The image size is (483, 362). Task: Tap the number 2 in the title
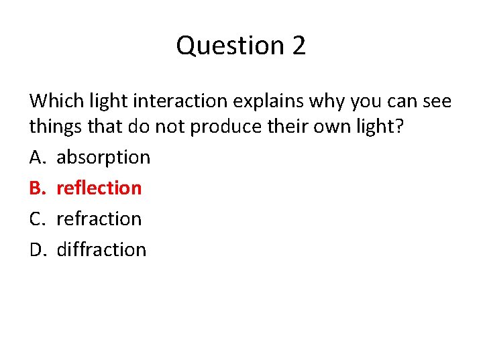(299, 46)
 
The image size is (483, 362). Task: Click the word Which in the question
(52, 101)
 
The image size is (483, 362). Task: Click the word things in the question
(51, 127)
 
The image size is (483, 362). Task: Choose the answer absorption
(103, 158)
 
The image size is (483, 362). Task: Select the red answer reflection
(99, 188)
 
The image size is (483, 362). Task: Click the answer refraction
(99, 219)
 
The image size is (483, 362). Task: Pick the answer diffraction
(101, 249)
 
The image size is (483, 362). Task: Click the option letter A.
(36, 158)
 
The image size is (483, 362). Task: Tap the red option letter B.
(36, 188)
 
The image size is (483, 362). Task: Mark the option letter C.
(36, 219)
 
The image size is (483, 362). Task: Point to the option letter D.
(37, 249)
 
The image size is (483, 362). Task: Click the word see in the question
(436, 101)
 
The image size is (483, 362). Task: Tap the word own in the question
(321, 127)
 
